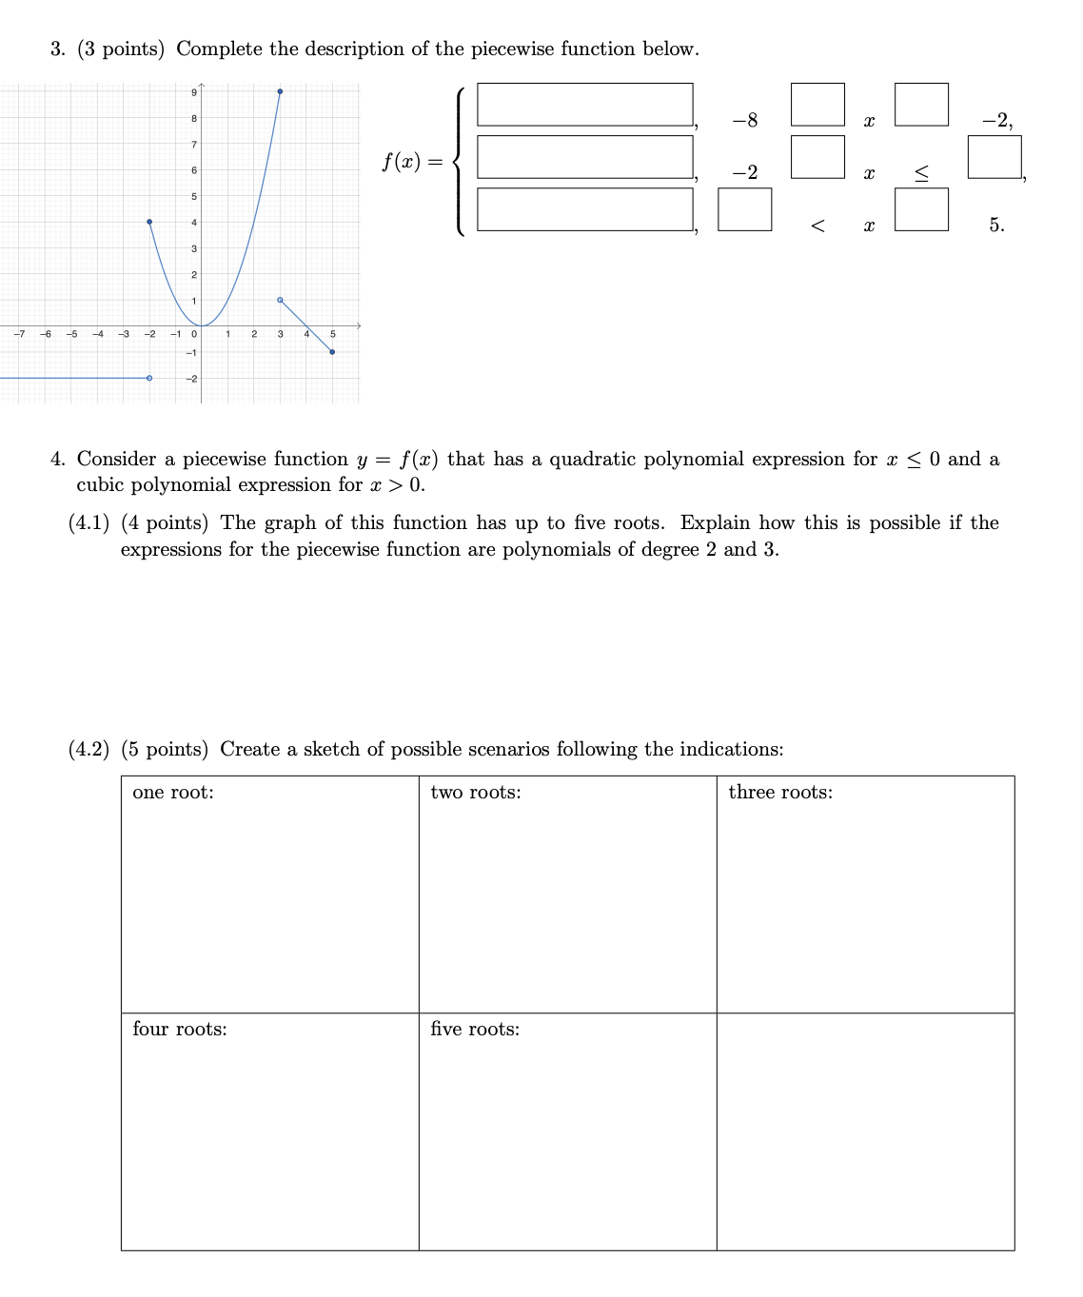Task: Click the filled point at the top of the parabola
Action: point(280,91)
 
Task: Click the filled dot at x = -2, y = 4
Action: point(149,222)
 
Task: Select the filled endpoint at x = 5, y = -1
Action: point(332,352)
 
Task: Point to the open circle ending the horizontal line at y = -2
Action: point(149,378)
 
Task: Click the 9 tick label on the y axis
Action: point(194,92)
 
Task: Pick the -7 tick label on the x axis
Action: point(18,334)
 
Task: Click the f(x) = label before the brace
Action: point(412,162)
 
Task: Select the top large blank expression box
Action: point(584,105)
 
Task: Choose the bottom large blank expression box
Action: point(584,209)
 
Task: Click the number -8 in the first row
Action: point(745,121)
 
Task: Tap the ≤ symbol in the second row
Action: point(921,173)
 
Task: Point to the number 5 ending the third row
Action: point(995,226)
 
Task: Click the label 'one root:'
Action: point(173,793)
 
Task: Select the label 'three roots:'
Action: point(779,793)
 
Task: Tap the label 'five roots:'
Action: point(475,1030)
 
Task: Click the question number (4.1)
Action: point(89,523)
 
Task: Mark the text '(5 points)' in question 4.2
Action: point(165,750)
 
